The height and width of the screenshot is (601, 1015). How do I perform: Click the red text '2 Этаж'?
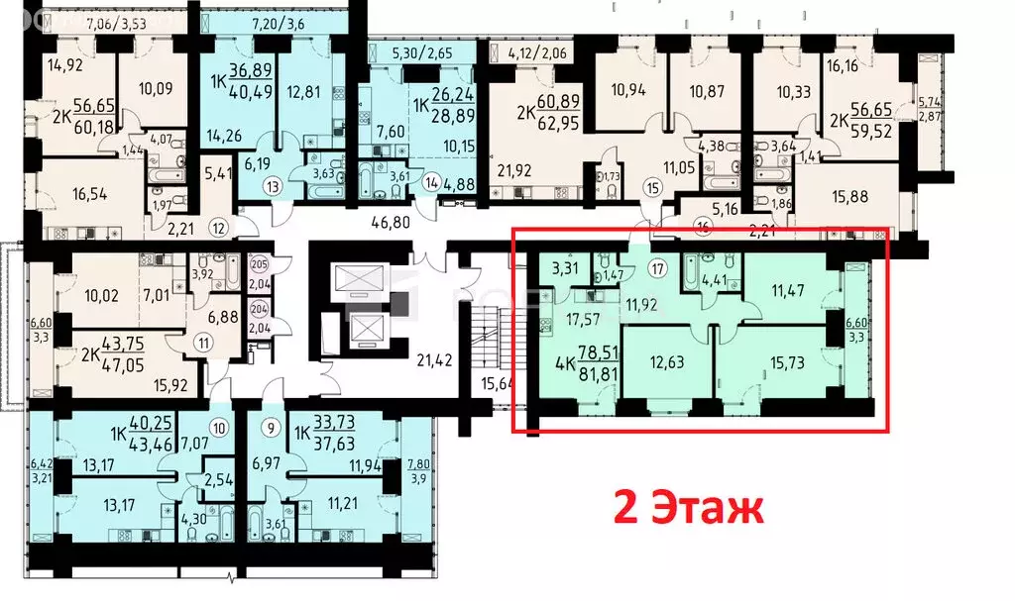coord(690,508)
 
